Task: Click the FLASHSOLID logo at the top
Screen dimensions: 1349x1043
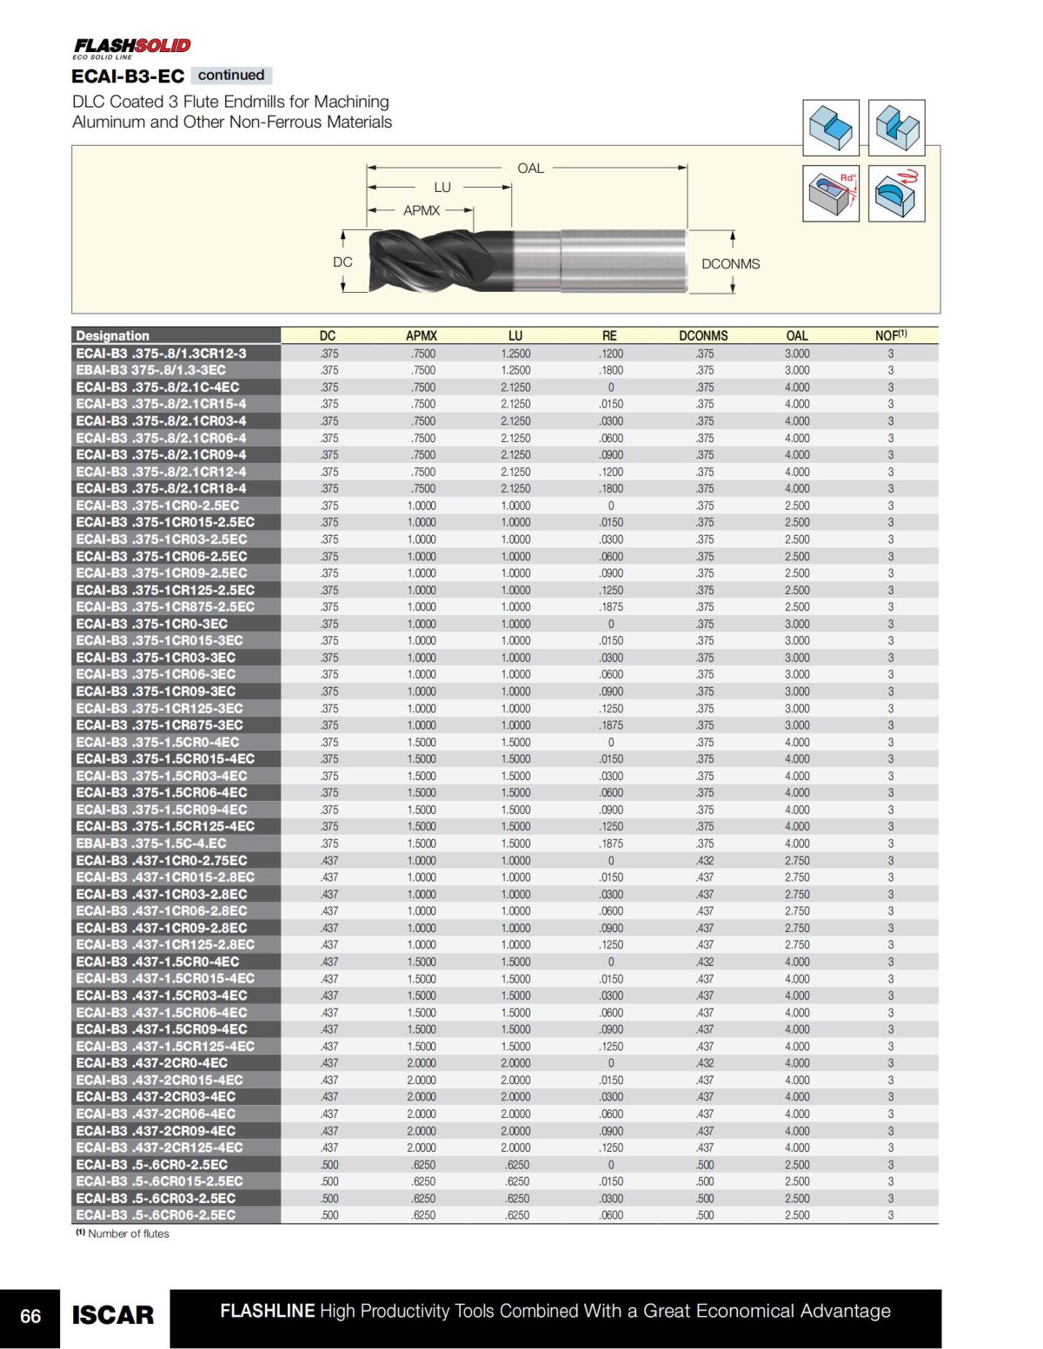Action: (x=131, y=47)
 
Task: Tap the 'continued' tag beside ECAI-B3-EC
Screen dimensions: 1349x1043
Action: (x=231, y=76)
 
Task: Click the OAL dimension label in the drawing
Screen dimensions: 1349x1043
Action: (x=530, y=169)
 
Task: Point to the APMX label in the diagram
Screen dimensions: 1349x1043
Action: (x=422, y=210)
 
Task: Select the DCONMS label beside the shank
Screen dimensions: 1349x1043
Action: (x=730, y=264)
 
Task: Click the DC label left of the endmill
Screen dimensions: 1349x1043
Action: (x=342, y=262)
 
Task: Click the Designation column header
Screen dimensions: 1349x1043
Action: (x=113, y=336)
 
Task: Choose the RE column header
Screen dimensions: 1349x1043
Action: (x=609, y=336)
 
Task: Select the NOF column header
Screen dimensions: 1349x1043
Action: (x=890, y=335)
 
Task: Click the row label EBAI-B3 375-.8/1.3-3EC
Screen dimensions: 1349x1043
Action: (x=150, y=370)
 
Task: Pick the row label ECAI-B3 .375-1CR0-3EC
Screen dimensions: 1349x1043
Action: (x=152, y=624)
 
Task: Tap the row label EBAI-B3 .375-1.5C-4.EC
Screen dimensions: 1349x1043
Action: (x=151, y=843)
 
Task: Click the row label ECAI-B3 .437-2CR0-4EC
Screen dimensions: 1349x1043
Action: (x=152, y=1063)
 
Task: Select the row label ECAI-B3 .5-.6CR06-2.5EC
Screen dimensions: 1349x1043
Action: (x=156, y=1215)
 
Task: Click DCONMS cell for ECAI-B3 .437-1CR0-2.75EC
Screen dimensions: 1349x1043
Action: (x=705, y=861)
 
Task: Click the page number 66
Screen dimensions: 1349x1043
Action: (x=30, y=1316)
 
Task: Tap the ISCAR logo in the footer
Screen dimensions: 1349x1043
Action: (x=113, y=1316)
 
